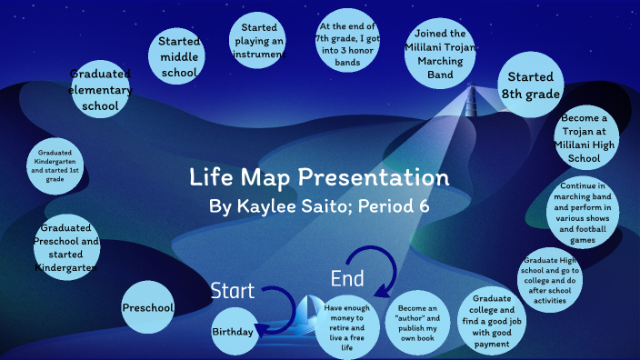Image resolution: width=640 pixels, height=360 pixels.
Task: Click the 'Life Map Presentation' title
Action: click(x=319, y=176)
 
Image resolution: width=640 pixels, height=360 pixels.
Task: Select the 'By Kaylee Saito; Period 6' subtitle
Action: click(x=319, y=206)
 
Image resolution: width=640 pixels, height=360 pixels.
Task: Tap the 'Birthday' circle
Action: click(x=233, y=332)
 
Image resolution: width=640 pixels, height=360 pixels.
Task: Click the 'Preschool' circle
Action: click(x=148, y=308)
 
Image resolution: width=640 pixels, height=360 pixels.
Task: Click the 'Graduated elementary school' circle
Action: click(x=100, y=90)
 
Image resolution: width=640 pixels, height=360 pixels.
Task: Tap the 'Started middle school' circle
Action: click(x=178, y=56)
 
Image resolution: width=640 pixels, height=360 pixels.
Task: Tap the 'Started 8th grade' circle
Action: click(x=531, y=85)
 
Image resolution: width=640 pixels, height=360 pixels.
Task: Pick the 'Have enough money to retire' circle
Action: click(x=346, y=325)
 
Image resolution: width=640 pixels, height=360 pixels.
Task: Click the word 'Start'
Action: click(x=233, y=291)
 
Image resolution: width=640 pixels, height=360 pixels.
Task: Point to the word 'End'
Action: click(x=347, y=277)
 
